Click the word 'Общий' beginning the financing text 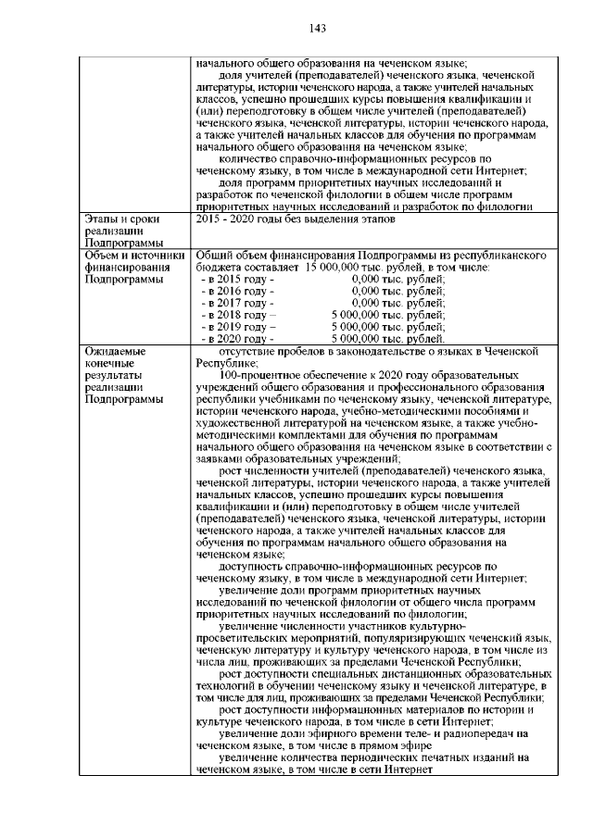click(215, 255)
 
